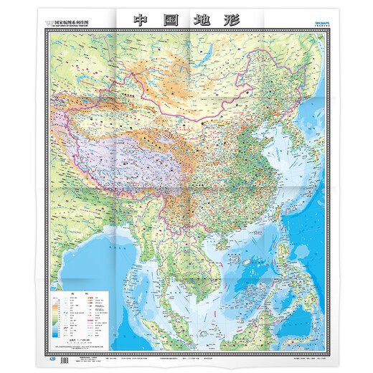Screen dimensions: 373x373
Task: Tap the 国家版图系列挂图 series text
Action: [x=75, y=22]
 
